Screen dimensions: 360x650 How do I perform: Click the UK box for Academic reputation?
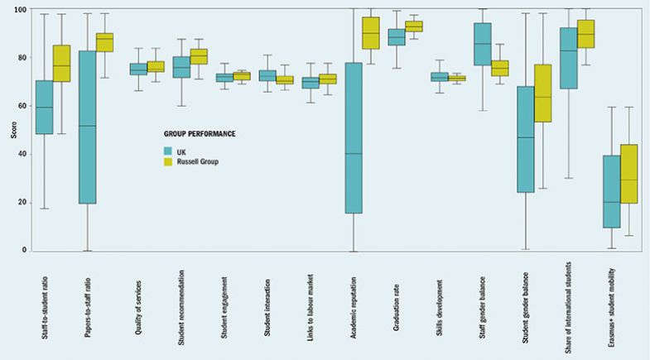[354, 138]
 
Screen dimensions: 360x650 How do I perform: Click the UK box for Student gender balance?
[525, 139]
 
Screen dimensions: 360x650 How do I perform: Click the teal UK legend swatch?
[168, 151]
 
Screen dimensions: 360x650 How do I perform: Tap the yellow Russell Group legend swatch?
[168, 161]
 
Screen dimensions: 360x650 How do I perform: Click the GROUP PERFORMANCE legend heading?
[198, 132]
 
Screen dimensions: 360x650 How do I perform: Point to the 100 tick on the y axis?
[20, 10]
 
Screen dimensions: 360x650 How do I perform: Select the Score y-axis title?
[8, 130]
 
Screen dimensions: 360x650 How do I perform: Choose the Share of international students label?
[568, 310]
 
